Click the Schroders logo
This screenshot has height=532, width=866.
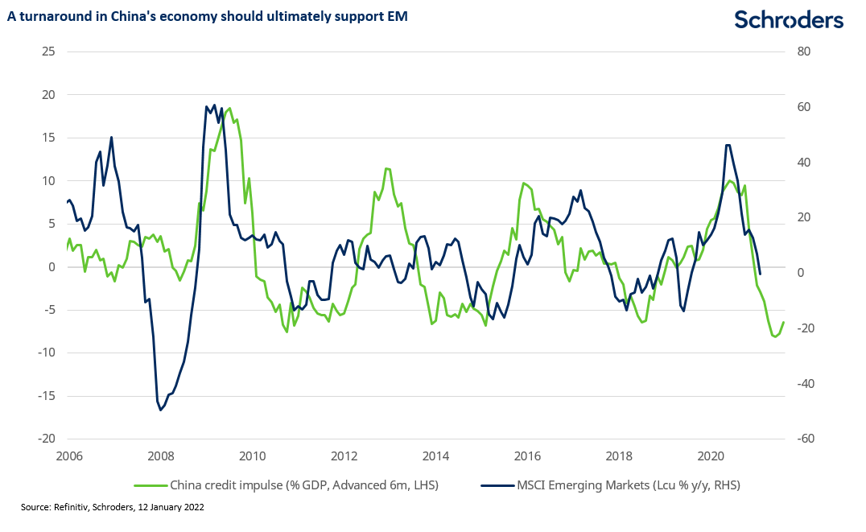click(x=790, y=20)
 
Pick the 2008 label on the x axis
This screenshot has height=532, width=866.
click(x=161, y=456)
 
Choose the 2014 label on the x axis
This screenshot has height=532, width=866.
click(x=435, y=456)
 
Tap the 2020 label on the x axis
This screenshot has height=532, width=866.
click(x=710, y=456)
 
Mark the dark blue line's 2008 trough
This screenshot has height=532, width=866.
click(x=161, y=410)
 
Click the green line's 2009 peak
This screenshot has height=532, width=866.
click(x=230, y=108)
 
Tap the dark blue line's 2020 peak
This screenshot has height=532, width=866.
click(x=728, y=145)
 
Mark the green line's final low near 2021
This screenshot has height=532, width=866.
click(x=775, y=336)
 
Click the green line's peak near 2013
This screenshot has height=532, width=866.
click(x=387, y=168)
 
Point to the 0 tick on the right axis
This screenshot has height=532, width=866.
click(x=802, y=273)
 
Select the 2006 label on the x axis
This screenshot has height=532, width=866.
click(x=69, y=456)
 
